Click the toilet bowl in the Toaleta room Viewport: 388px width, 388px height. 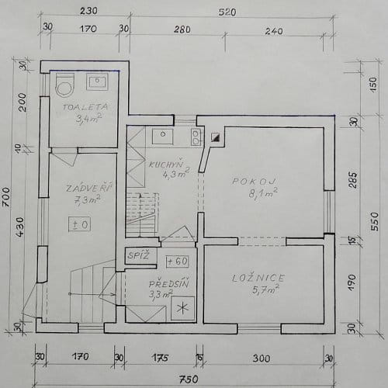point(65,85)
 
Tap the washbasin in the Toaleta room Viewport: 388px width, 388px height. point(97,81)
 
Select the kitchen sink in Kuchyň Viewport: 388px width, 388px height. point(162,137)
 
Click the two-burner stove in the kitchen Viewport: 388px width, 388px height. point(196,137)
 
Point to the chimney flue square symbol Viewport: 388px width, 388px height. point(215,137)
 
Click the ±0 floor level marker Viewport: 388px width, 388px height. point(80,224)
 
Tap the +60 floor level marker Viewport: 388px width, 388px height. point(178,262)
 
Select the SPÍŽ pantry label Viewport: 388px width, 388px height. point(139,256)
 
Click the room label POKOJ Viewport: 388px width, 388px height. point(254,182)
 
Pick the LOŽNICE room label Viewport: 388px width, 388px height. point(258,278)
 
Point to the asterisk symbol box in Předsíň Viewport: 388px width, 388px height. point(182,308)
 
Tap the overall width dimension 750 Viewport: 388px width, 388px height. point(189,379)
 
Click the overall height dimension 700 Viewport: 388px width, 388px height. point(6,197)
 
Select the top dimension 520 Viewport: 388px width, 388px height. point(227,12)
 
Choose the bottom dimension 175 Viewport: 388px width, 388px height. point(161,358)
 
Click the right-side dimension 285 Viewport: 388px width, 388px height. point(353,180)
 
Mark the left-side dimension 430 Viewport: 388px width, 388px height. point(19,227)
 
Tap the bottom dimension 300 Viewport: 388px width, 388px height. point(262,359)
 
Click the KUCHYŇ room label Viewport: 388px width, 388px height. point(166,165)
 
